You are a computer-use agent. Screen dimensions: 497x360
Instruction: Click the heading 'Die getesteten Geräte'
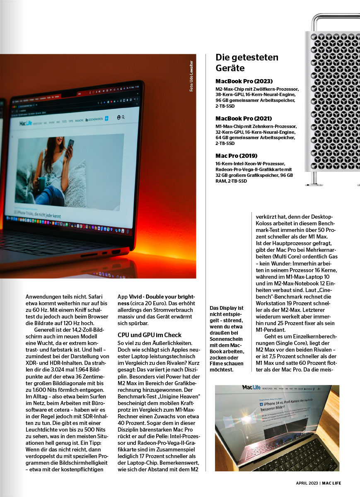[x=247, y=63]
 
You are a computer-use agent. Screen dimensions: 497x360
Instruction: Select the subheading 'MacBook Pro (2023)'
[x=244, y=81]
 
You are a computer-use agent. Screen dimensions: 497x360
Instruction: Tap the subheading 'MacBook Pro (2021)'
[x=244, y=118]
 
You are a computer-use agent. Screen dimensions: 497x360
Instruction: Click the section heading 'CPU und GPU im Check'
[x=150, y=334]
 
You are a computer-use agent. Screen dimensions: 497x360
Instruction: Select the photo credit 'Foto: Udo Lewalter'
[x=191, y=77]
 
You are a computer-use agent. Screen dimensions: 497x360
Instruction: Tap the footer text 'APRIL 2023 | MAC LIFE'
[x=318, y=483]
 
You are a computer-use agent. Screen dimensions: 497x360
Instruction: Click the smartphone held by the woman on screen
[x=71, y=146]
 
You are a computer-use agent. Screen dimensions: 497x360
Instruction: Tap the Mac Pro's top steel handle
[x=336, y=19]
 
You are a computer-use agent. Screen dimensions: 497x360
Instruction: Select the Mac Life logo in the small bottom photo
[x=252, y=388]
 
